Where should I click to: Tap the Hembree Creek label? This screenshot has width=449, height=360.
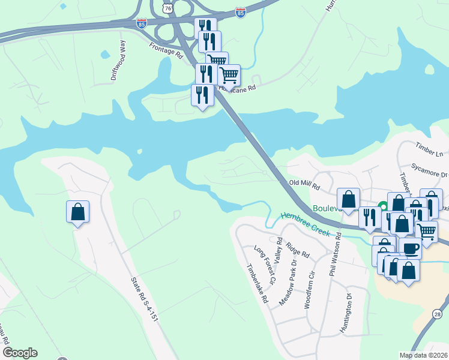tap(306, 224)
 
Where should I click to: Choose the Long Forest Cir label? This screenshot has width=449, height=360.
tap(265, 265)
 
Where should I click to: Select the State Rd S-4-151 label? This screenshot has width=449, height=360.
tap(144, 298)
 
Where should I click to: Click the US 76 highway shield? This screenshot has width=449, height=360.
tap(167, 7)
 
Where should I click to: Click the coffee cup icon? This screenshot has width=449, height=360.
tap(410, 247)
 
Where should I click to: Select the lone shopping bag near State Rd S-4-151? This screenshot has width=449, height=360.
tap(77, 212)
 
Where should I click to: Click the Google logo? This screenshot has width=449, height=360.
tap(20, 353)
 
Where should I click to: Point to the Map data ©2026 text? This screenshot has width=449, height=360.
tap(423, 355)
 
